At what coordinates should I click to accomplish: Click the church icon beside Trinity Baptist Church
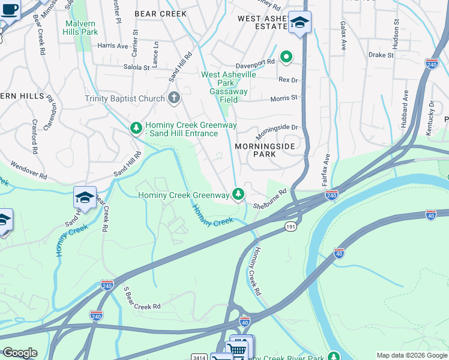(x=174, y=98)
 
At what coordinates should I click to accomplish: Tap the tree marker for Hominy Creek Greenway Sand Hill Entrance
(x=136, y=127)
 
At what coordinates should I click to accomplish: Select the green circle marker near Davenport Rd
(x=287, y=57)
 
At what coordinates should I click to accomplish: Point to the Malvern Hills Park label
(x=81, y=27)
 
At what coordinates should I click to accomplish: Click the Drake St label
(x=381, y=55)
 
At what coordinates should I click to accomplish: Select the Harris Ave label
(x=113, y=45)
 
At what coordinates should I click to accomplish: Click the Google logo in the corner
(x=20, y=353)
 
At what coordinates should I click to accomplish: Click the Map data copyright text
(x=411, y=355)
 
